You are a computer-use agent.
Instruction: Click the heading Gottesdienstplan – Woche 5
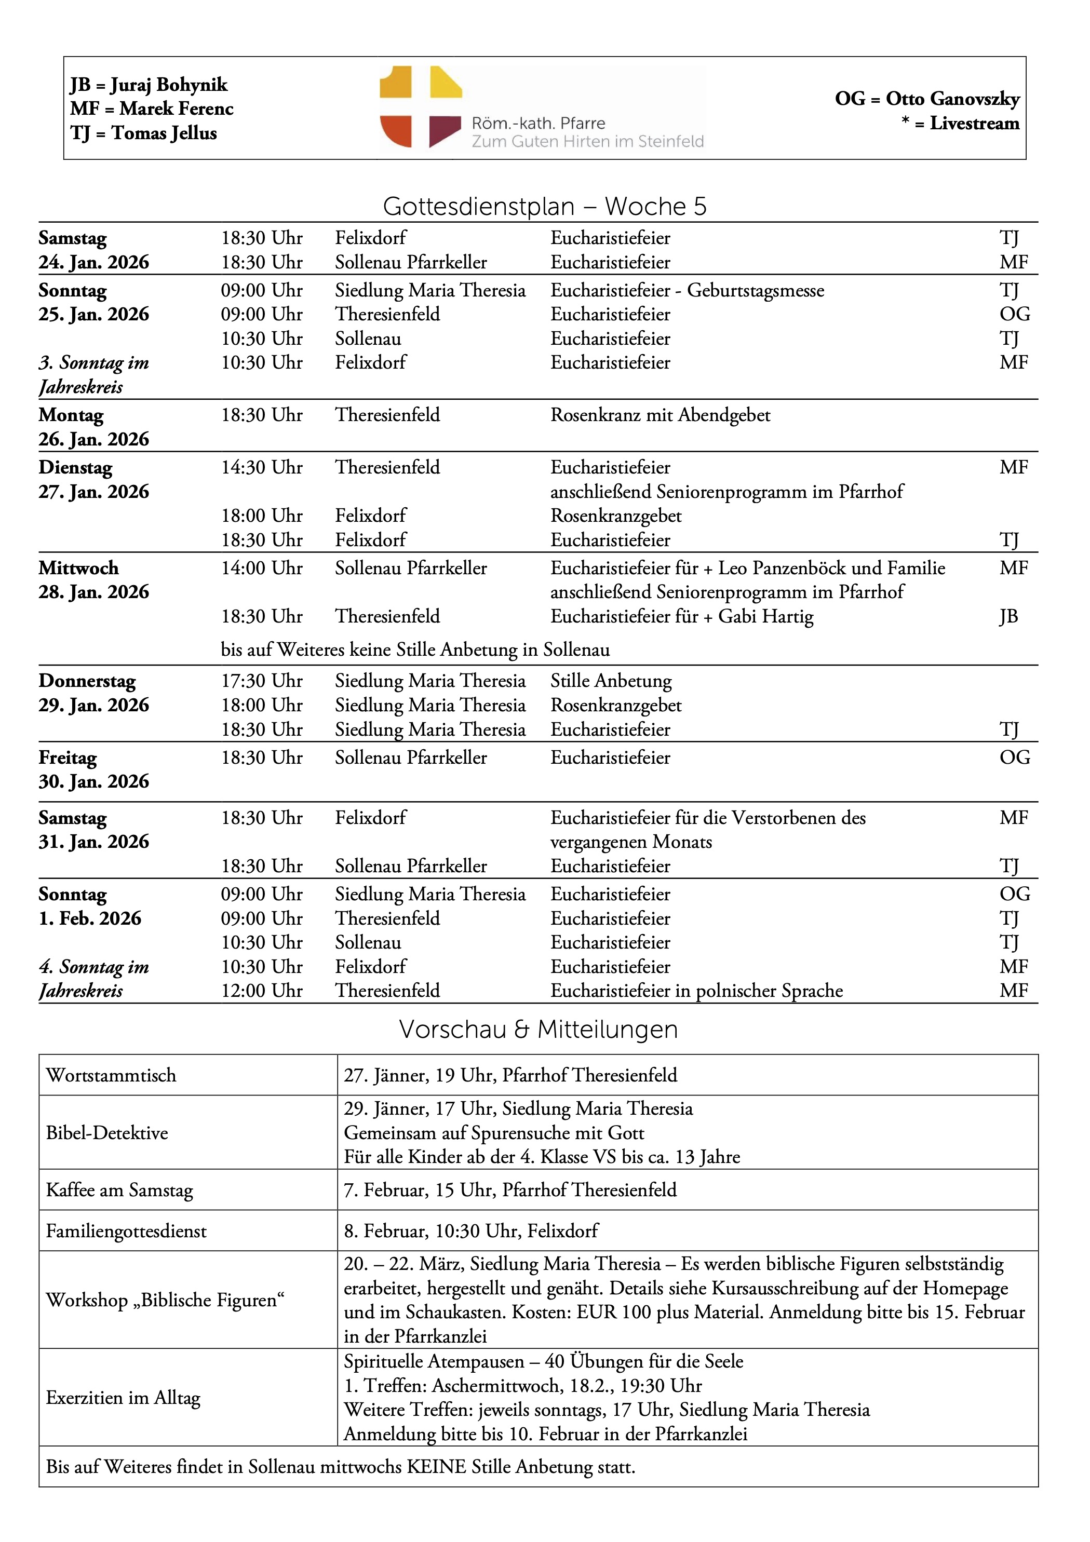(x=544, y=206)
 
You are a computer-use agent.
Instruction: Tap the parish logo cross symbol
(x=421, y=107)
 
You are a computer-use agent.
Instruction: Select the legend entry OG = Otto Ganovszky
(x=927, y=99)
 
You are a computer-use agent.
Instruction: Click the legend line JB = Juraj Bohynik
(x=149, y=85)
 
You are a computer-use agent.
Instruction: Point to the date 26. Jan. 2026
(x=93, y=439)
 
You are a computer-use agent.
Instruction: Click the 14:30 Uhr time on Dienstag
(x=262, y=467)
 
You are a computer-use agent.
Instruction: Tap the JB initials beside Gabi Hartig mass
(x=1008, y=616)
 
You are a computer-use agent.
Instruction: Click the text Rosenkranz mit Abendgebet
(x=660, y=415)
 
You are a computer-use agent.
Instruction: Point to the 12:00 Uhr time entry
(x=262, y=991)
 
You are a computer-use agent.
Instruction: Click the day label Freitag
(x=67, y=758)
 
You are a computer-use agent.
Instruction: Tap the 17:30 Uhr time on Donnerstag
(x=262, y=681)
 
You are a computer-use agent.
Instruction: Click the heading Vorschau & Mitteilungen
(x=538, y=1030)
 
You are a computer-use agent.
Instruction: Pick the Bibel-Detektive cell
(x=107, y=1133)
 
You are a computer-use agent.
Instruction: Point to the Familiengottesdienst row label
(x=126, y=1231)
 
